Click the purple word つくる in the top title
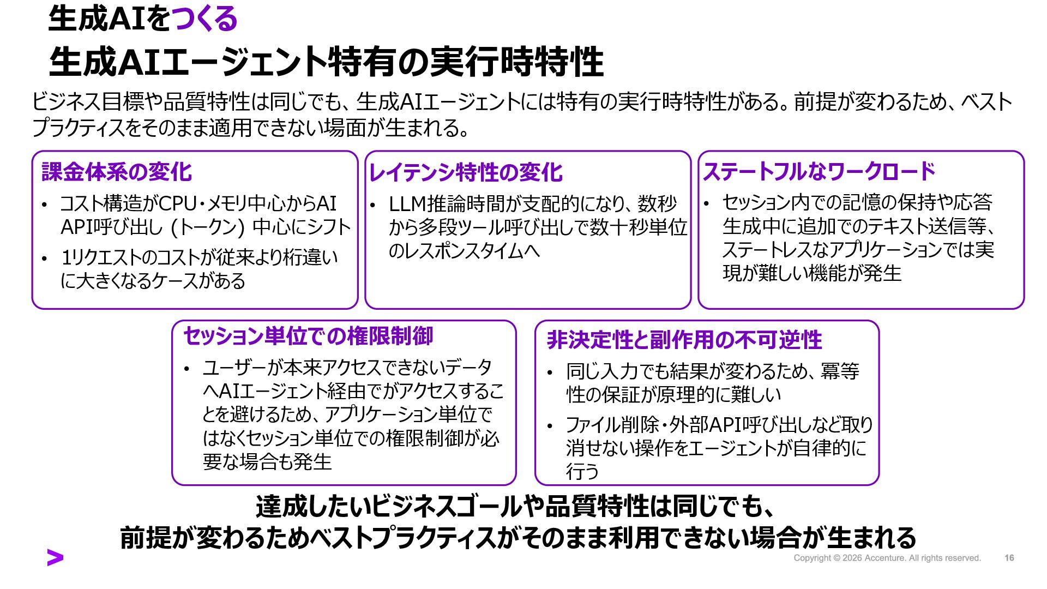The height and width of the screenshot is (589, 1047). point(204,19)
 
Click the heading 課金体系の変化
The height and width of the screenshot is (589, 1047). point(117,172)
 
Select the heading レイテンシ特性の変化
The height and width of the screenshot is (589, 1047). point(465,172)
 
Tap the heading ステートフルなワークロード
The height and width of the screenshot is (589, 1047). point(819,172)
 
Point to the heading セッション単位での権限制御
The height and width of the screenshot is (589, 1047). point(308,336)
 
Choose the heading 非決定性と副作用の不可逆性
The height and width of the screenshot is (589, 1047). point(684,340)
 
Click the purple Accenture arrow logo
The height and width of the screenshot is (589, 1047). point(55,557)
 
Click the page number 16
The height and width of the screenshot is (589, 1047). point(1009,558)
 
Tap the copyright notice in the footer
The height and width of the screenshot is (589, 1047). point(887,558)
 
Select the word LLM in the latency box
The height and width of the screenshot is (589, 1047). point(407,204)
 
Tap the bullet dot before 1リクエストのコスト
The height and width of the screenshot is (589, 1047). point(45,258)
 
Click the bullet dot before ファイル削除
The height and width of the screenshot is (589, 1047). point(550,425)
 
